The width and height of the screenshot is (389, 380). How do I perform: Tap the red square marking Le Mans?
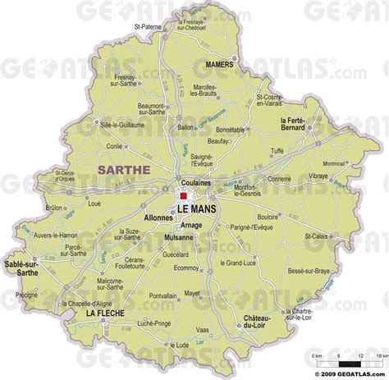[183, 197]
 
